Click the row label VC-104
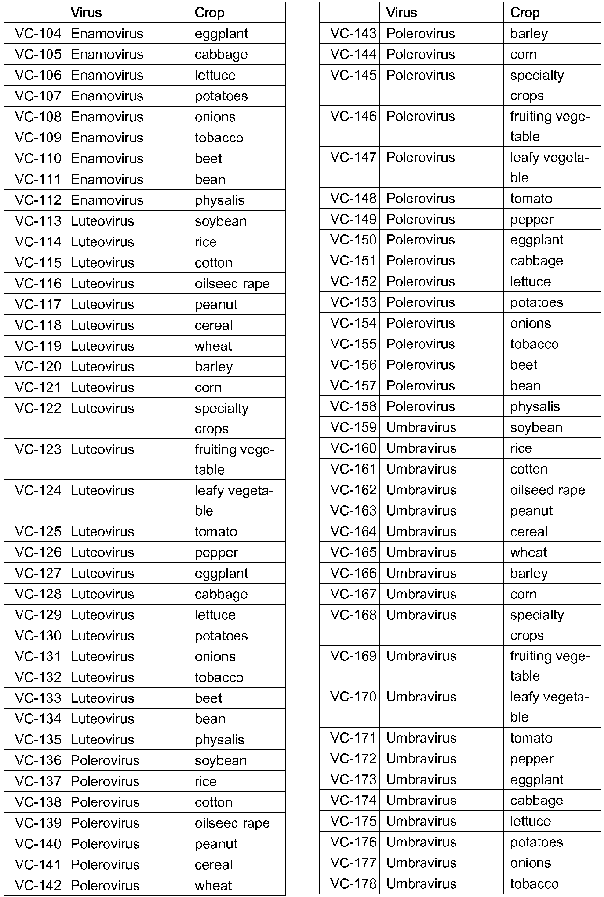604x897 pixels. pos(38,34)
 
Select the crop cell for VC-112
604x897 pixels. pos(220,200)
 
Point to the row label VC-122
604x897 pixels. pos(38,408)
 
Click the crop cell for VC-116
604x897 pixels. pos(232,284)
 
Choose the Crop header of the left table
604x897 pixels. pos(209,13)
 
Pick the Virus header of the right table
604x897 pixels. pos(401,13)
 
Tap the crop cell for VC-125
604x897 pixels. pos(216,532)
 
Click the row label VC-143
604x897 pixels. pos(353,34)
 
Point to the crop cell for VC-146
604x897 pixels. pos(550,126)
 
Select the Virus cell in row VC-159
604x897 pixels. pos(421,427)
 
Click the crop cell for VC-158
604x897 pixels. pos(535,406)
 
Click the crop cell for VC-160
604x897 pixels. pos(521,448)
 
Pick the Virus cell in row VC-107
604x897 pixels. pos(107,96)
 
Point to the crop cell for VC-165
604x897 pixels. pos(528,552)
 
